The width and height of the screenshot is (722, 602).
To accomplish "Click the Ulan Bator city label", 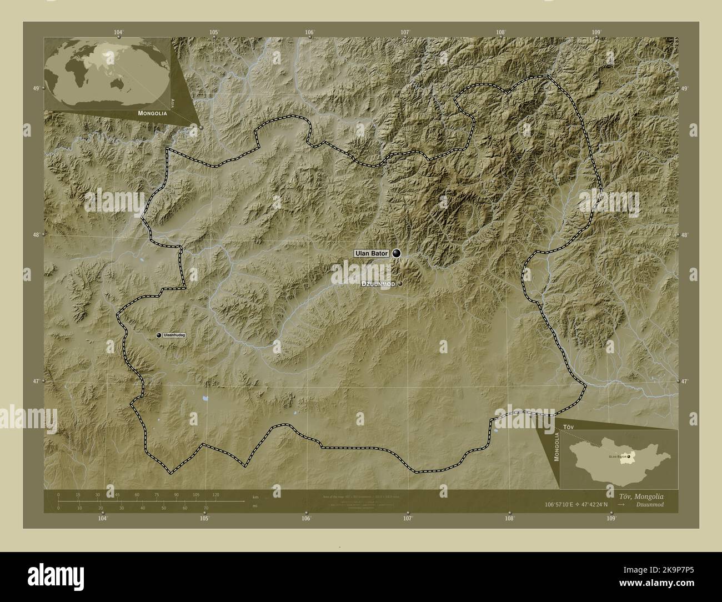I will coord(372,254).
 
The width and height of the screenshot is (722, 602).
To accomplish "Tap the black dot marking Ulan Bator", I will coord(396,253).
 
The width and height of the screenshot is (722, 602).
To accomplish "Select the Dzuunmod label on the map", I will coord(378,283).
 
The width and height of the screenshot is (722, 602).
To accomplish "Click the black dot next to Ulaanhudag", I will coord(159,335).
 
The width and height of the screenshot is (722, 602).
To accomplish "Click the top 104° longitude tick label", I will coord(118,32).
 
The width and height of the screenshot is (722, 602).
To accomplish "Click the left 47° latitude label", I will coord(36,382).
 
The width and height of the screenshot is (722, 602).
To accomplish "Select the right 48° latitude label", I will coord(685,235).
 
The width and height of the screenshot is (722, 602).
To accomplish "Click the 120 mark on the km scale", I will coord(216,494).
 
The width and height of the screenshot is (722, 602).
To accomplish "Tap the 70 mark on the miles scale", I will coord(205,508).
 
